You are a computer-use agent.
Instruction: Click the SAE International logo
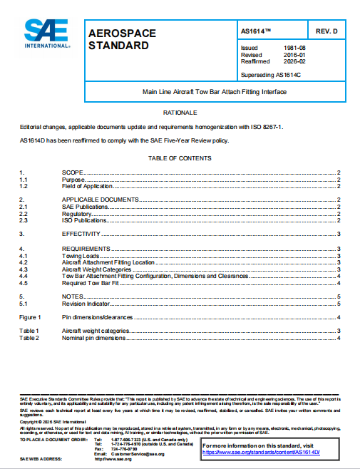46,33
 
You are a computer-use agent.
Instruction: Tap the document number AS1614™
257,32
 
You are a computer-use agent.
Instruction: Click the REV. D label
330,32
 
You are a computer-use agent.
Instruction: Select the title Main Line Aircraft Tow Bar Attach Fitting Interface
220,93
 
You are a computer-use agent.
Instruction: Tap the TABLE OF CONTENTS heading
180,158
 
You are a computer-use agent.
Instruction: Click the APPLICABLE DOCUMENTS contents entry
100,199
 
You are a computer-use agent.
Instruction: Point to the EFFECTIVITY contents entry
81,234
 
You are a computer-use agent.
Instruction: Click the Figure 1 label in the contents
29,316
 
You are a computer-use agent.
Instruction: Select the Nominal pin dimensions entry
95,338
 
